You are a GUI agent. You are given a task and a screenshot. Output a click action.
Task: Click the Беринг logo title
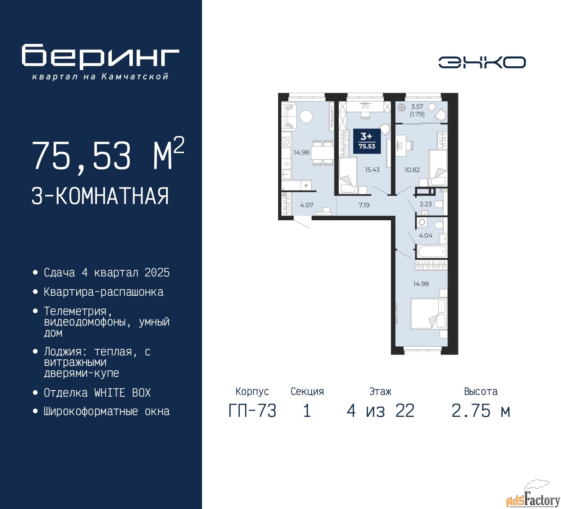coord(100,56)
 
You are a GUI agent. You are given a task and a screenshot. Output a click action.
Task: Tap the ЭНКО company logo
coord(482,62)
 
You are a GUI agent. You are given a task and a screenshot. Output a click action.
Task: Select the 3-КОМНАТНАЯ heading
coord(100,196)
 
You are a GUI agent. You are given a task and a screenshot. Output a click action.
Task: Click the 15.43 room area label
coord(372,169)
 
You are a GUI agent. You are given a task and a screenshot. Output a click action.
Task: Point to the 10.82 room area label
coord(412,169)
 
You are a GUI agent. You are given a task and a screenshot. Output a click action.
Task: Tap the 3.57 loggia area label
coord(417,107)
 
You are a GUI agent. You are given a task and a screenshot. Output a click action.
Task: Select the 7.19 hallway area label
coord(364,205)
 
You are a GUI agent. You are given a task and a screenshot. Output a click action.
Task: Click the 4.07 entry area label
coord(306,205)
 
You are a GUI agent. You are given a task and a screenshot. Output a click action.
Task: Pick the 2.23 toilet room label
coord(426,204)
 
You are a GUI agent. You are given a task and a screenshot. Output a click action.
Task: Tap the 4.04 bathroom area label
coord(425,235)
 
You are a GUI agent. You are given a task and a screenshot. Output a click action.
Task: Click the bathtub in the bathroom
coord(432,251)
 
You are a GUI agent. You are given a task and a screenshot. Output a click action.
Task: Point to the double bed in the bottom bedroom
coord(428,313)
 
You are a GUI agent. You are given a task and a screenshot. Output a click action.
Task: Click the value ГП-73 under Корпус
coord(252,411)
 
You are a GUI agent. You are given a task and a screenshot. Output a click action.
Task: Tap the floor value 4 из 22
coord(380,411)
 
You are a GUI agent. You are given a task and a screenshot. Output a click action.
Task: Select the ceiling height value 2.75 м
coord(481,411)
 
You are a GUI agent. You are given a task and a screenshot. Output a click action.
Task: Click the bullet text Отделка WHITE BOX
coord(97,393)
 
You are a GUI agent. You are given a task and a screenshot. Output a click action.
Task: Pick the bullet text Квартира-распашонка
coord(104,292)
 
